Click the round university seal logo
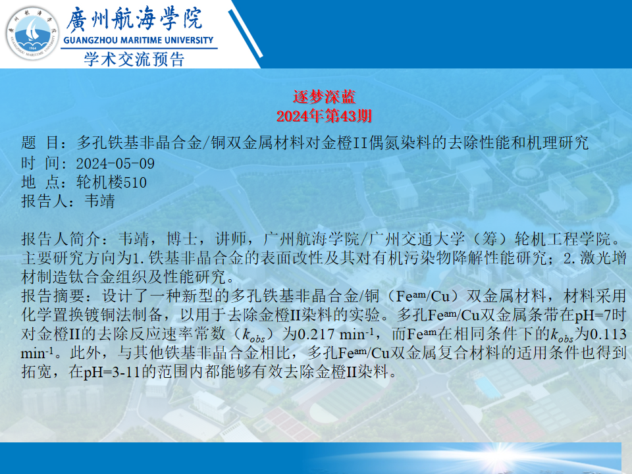click(x=32, y=33)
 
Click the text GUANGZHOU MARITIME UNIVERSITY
click(x=138, y=40)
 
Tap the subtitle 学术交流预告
click(x=134, y=59)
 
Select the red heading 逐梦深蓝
click(x=324, y=97)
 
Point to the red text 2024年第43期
click(x=324, y=116)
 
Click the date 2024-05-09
click(x=115, y=163)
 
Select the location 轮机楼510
click(x=112, y=182)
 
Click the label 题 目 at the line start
click(x=41, y=143)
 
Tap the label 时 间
click(x=41, y=163)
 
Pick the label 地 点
click(x=41, y=182)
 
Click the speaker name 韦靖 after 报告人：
click(x=99, y=201)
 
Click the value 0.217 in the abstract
click(x=316, y=334)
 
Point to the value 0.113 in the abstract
click(x=608, y=334)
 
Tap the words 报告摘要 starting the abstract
click(x=53, y=296)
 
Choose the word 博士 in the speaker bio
click(x=182, y=239)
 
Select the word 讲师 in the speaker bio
click(x=231, y=239)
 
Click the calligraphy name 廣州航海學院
click(x=134, y=19)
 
